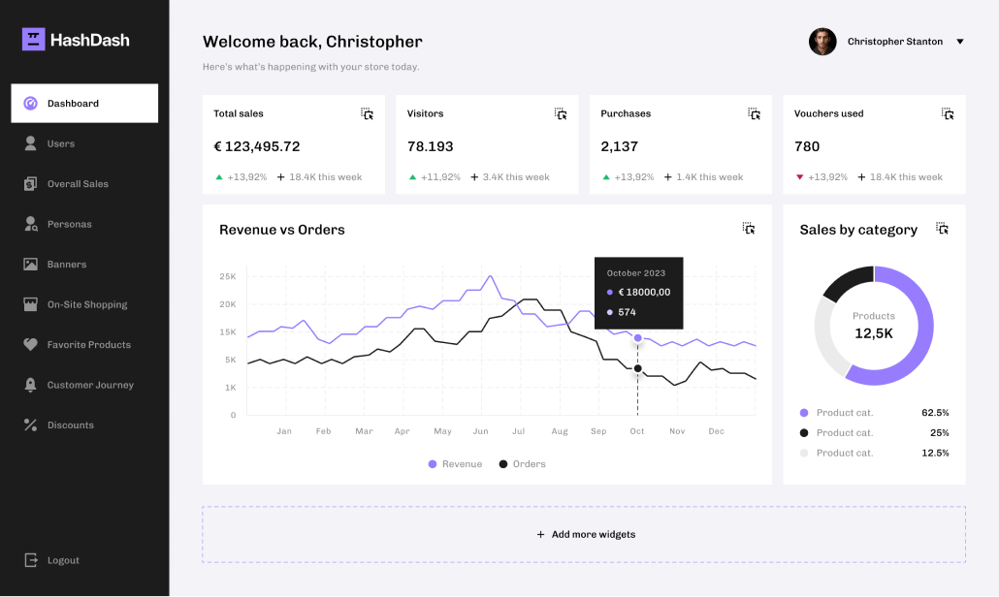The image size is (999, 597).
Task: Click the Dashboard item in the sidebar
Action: (x=84, y=104)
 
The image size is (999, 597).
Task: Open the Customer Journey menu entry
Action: (x=90, y=385)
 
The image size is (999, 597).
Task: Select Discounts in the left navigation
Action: (x=70, y=425)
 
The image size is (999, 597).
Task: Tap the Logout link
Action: (x=63, y=560)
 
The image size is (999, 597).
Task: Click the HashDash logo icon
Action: (x=34, y=40)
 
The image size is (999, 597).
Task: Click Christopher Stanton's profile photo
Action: (x=822, y=42)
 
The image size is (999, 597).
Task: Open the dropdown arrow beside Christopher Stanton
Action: (x=960, y=42)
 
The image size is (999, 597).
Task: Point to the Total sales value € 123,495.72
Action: (x=257, y=146)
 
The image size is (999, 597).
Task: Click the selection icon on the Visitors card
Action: (x=561, y=113)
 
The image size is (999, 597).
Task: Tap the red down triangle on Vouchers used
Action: (x=799, y=177)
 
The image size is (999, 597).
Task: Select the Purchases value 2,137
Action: (x=620, y=146)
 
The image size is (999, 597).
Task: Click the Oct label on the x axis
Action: (x=637, y=431)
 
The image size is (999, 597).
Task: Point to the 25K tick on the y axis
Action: (x=228, y=276)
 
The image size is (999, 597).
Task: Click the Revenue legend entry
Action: (x=455, y=464)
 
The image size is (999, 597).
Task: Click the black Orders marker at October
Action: (x=637, y=368)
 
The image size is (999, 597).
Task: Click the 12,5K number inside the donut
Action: (x=874, y=333)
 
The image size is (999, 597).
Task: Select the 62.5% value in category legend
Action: (x=935, y=413)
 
